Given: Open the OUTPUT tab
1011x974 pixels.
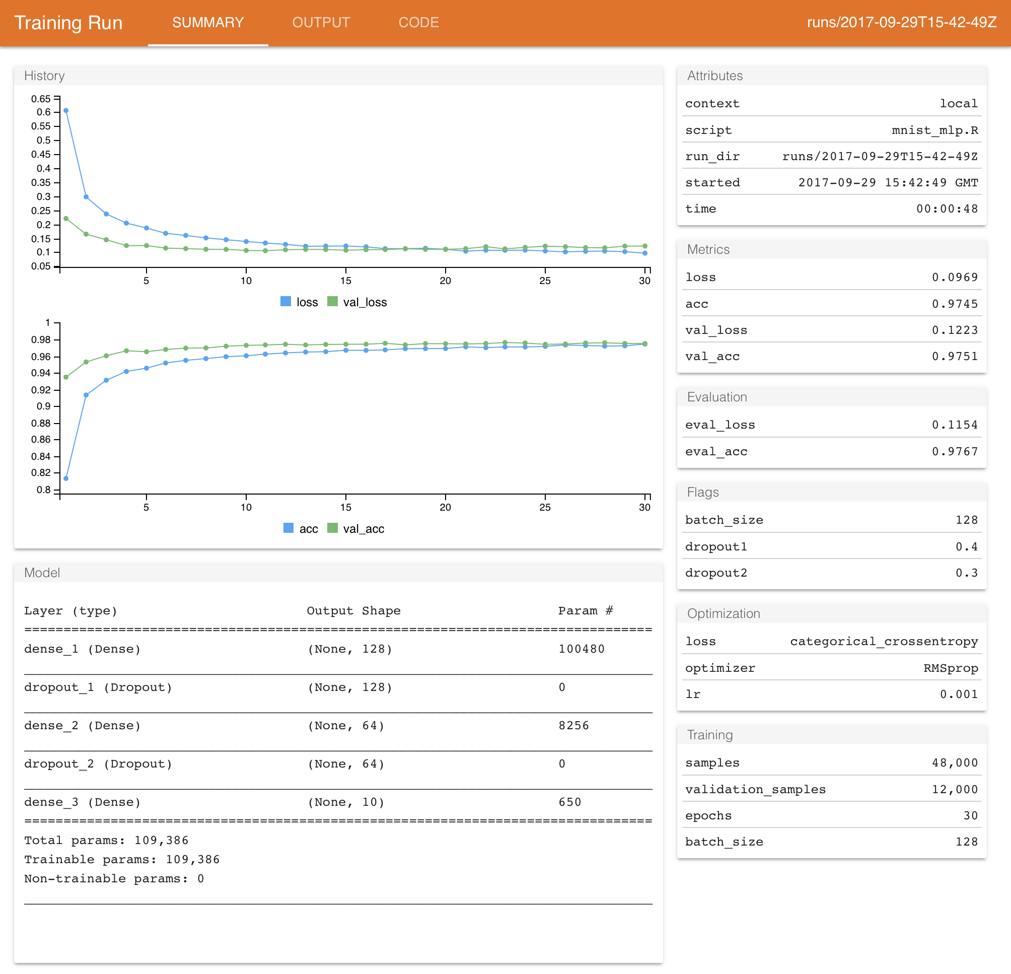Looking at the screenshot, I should (321, 23).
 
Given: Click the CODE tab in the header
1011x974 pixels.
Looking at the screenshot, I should (418, 23).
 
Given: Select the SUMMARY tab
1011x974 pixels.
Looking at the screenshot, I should (208, 23).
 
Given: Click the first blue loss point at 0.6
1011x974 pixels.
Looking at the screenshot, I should (66, 111).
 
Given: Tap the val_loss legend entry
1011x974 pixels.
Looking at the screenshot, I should (357, 302).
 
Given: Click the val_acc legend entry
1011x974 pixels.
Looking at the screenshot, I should (356, 529).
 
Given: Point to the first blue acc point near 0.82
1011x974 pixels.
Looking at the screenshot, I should (66, 479).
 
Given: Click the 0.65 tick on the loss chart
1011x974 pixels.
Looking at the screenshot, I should (41, 99).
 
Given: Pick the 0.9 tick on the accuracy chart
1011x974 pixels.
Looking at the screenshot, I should (43, 406).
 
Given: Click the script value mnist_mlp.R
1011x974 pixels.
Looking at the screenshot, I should (934, 130).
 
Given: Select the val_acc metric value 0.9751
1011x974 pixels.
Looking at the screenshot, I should (955, 357).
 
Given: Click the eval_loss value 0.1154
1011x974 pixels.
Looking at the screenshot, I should (955, 425).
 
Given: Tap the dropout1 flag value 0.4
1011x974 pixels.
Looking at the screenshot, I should (967, 547).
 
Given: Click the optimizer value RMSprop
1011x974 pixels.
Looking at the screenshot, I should (951, 669).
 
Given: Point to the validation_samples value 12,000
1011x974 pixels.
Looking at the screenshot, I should (955, 790).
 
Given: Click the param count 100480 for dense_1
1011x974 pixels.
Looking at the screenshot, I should (582, 649).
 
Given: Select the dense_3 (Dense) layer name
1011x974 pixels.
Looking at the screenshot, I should (83, 802).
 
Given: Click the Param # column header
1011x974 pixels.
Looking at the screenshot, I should (586, 611).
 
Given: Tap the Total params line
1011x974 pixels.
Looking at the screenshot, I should (106, 841).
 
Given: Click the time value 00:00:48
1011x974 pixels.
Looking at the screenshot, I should (947, 209).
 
